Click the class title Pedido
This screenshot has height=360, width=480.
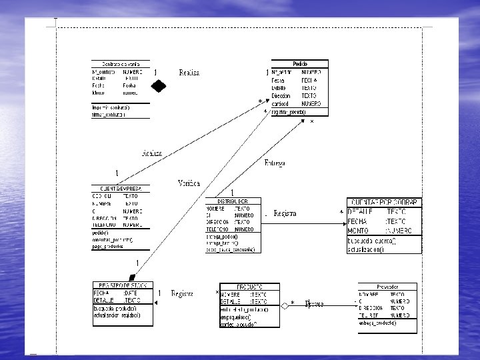pyautogui.click(x=300, y=63)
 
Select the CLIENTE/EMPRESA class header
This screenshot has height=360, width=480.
pyautogui.click(x=121, y=189)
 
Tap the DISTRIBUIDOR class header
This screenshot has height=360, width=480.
pyautogui.click(x=233, y=201)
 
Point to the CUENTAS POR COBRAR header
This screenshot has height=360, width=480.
pyautogui.click(x=383, y=201)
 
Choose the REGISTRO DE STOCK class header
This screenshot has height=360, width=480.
pyautogui.click(x=122, y=285)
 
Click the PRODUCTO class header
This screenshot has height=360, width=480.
pyautogui.click(x=248, y=285)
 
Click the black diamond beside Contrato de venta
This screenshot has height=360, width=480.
pyautogui.click(x=158, y=85)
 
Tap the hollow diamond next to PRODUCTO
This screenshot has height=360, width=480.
pyautogui.click(x=285, y=305)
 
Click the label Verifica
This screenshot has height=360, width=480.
pyautogui.click(x=189, y=183)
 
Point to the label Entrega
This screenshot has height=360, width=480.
pyautogui.click(x=275, y=163)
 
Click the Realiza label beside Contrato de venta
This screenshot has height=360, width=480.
pyautogui.click(x=189, y=72)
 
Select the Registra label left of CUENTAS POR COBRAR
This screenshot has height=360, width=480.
pyautogui.click(x=285, y=213)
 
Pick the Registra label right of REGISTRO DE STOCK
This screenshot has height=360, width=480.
pyautogui.click(x=182, y=293)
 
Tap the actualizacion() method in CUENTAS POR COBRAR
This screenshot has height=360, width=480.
pyautogui.click(x=365, y=249)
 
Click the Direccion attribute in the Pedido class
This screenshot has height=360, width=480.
pyautogui.click(x=281, y=96)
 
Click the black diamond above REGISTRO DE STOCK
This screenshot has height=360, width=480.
pyautogui.click(x=133, y=277)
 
